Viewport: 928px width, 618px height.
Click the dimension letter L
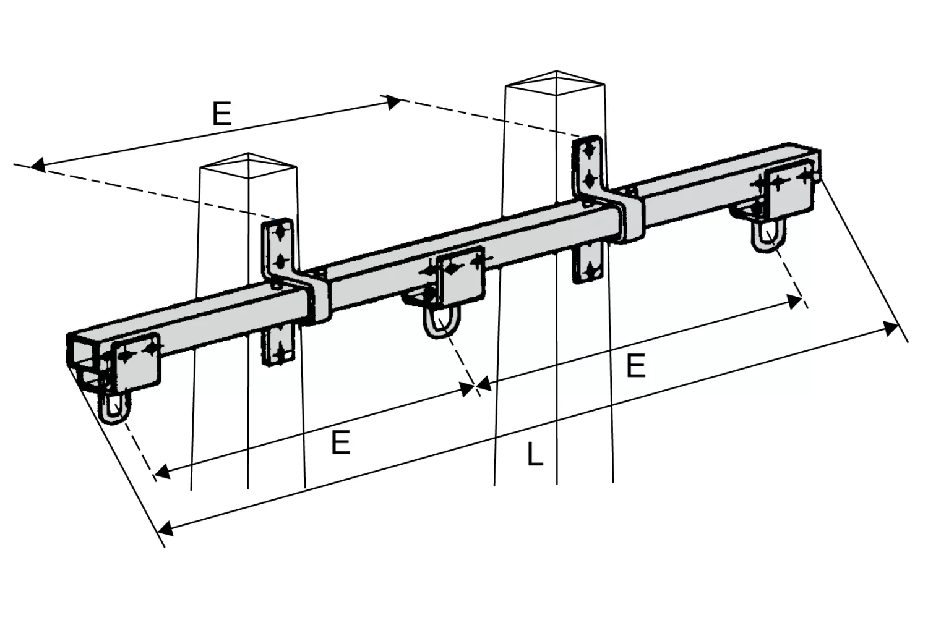coord(535,454)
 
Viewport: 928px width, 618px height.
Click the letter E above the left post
coord(221,114)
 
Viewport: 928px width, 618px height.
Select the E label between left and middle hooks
coord(341,442)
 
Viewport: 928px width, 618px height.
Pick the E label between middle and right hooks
coord(636,365)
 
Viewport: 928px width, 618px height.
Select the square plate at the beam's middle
coord(462,277)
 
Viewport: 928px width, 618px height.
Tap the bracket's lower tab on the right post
coord(588,264)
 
